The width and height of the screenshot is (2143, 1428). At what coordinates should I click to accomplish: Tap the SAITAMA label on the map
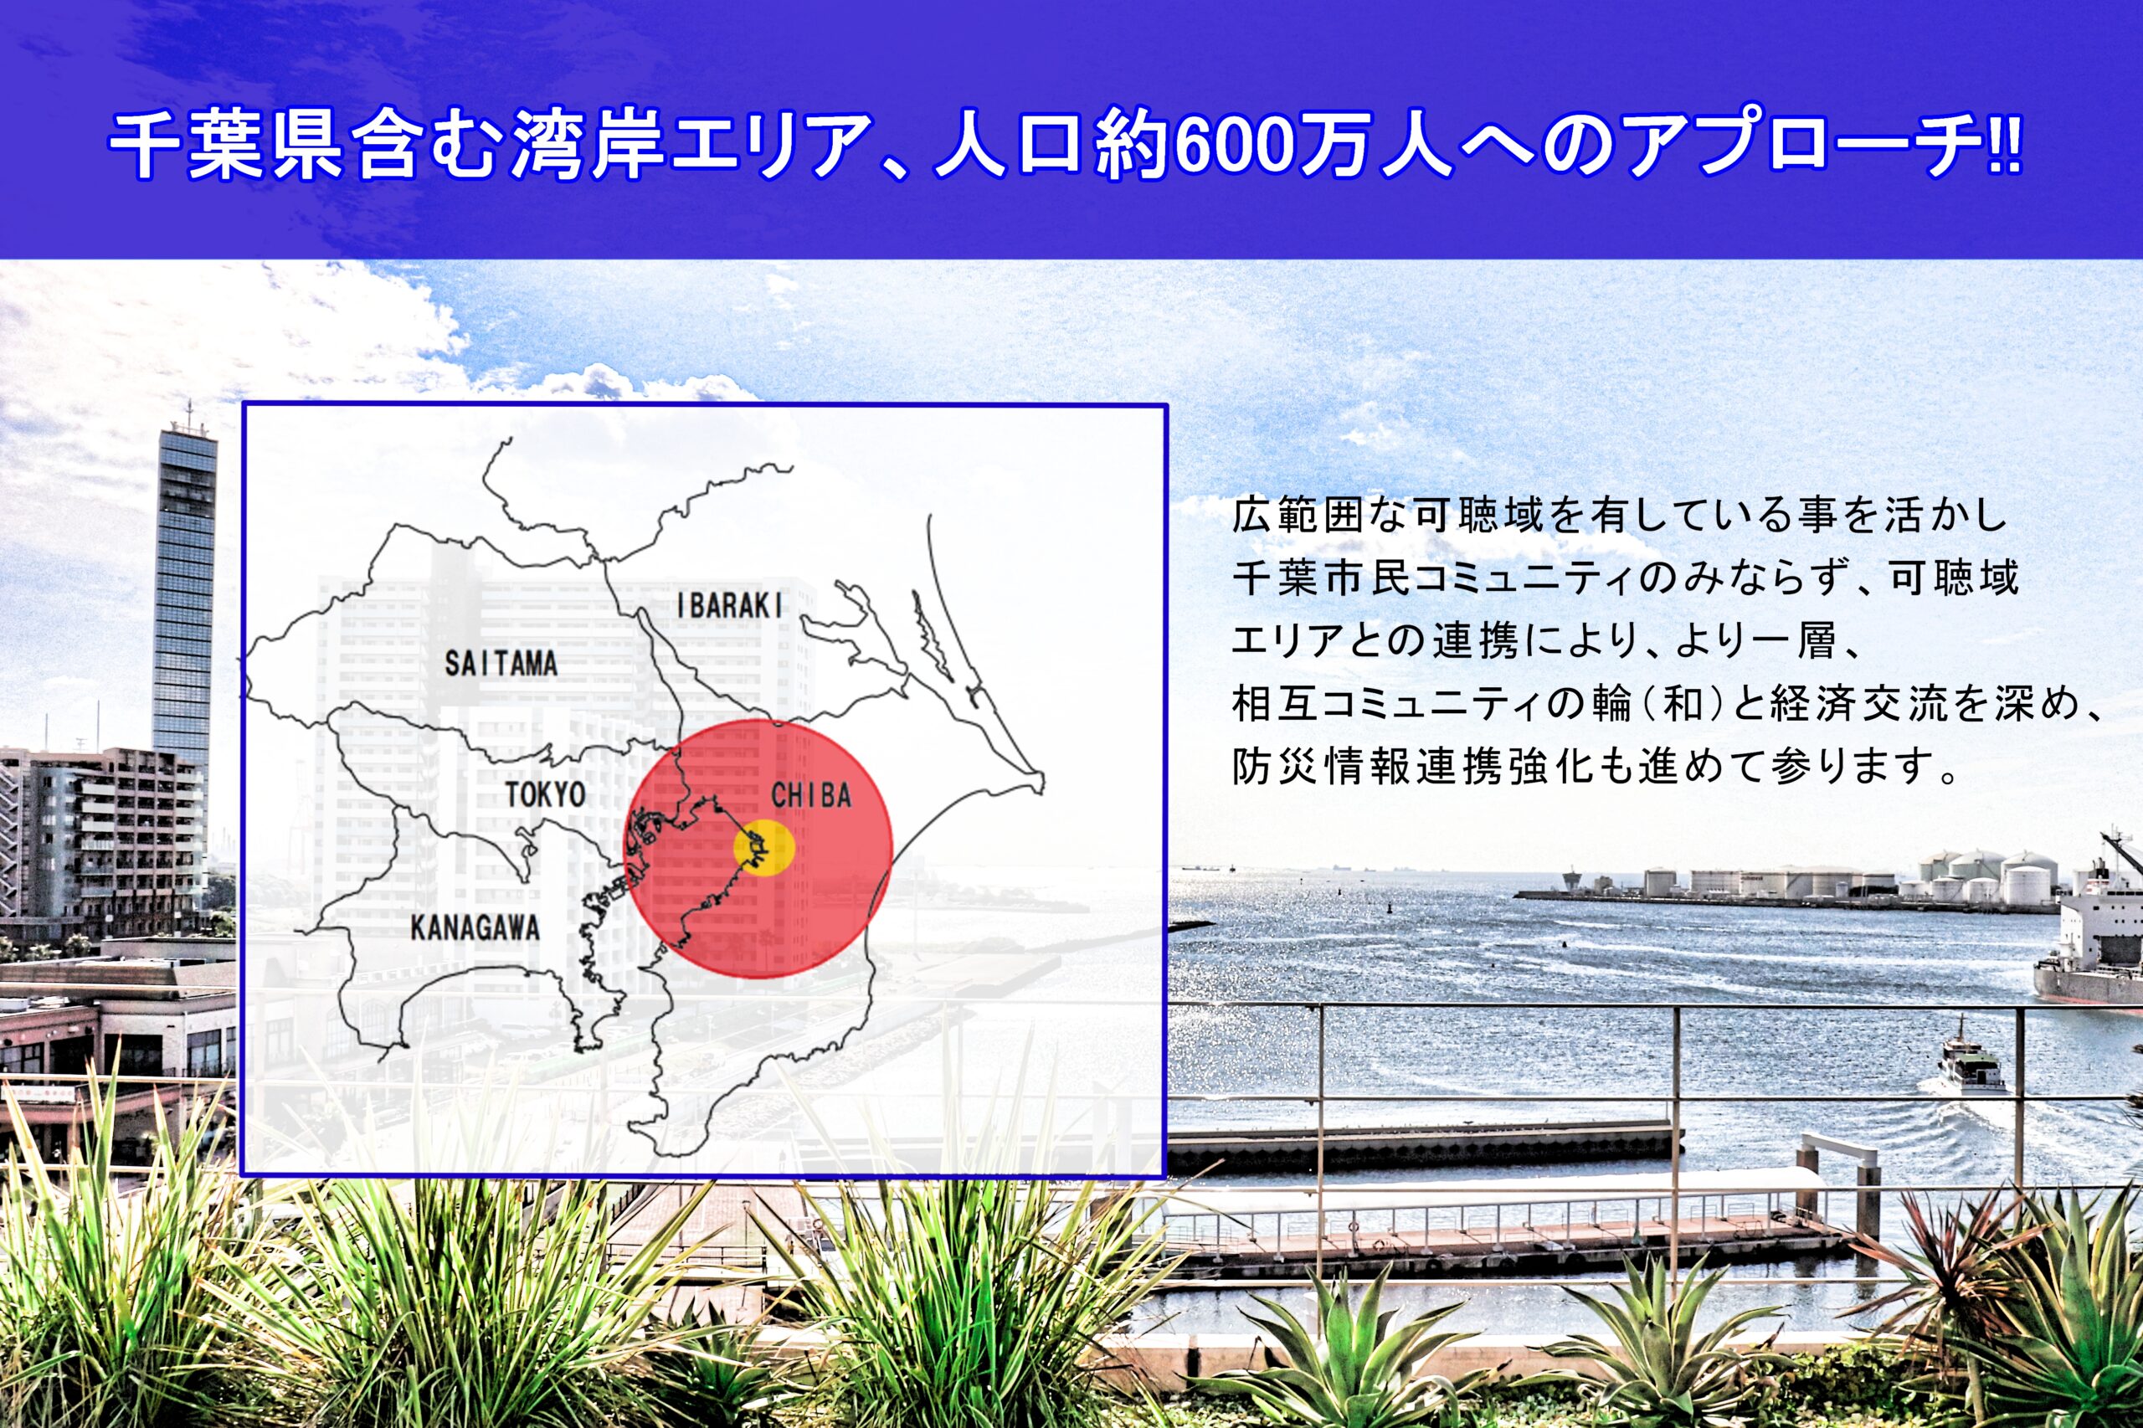(500, 663)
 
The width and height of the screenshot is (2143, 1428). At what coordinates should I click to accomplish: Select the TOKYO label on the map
(546, 794)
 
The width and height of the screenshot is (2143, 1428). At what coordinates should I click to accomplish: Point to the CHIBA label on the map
(810, 795)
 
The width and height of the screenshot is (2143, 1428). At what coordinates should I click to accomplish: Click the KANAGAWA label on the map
(475, 928)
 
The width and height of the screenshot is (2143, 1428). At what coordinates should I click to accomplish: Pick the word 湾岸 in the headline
(587, 146)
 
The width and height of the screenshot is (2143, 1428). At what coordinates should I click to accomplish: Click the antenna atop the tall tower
(188, 415)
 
